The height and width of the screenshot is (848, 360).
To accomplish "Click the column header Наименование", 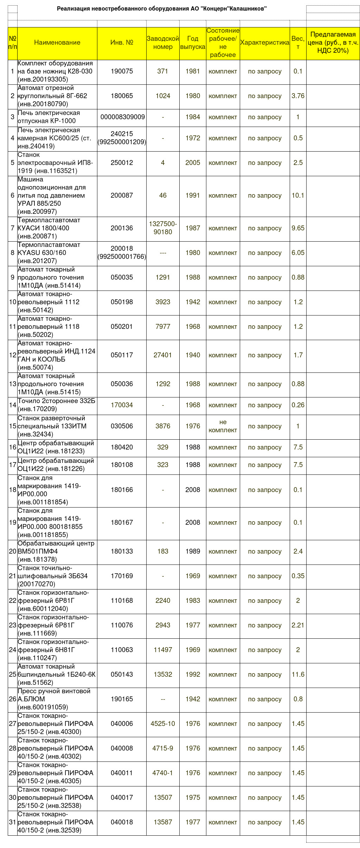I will coord(57,43).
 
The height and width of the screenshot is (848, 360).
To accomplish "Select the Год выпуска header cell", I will coord(193,43).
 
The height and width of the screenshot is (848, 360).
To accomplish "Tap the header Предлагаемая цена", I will coord(333,43).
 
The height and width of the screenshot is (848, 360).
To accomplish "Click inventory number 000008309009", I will coord(122,117).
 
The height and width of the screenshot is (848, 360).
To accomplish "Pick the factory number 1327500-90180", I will coord(163,228).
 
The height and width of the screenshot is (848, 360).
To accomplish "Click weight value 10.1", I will coord(298,196).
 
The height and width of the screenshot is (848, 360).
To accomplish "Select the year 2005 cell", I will coord(193,163).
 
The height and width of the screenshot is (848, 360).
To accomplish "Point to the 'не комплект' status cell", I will coord(223,426).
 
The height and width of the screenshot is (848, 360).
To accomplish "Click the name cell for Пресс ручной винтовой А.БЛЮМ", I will coord(57,699).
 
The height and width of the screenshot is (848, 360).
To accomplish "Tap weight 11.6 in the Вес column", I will coord(298,674).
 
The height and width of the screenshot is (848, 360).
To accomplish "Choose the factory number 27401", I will coord(163,355).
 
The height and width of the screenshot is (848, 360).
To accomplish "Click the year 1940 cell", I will coord(193,355).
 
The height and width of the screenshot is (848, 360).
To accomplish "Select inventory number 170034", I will coord(122,405).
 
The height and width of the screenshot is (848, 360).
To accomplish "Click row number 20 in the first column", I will coord(13,551).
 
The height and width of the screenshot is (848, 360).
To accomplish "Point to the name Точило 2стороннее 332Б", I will coord(57,405).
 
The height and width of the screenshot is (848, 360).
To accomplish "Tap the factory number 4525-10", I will coord(163,723).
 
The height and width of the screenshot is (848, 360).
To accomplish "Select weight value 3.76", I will coord(298,96).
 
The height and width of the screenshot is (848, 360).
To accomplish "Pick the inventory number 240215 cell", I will coord(122,138).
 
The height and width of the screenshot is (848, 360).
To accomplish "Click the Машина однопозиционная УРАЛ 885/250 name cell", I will coord(57,196).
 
